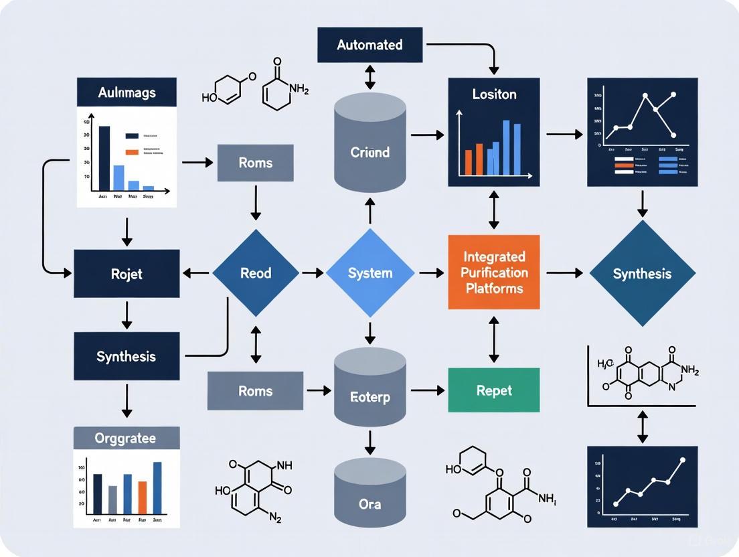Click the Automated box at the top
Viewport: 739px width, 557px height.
[369, 46]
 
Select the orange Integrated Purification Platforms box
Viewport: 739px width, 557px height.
[493, 272]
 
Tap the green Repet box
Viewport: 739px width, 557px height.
[493, 390]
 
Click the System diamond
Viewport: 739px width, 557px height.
[369, 273]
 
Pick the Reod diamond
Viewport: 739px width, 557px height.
[255, 273]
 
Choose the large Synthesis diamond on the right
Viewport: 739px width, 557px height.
[642, 273]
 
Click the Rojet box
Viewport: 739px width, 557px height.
[127, 273]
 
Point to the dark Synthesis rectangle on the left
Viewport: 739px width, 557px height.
[127, 356]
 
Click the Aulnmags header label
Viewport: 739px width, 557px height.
[127, 92]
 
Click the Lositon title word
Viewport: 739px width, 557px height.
[493, 94]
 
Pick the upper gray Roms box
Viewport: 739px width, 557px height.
[255, 163]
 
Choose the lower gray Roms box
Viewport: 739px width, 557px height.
[255, 390]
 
